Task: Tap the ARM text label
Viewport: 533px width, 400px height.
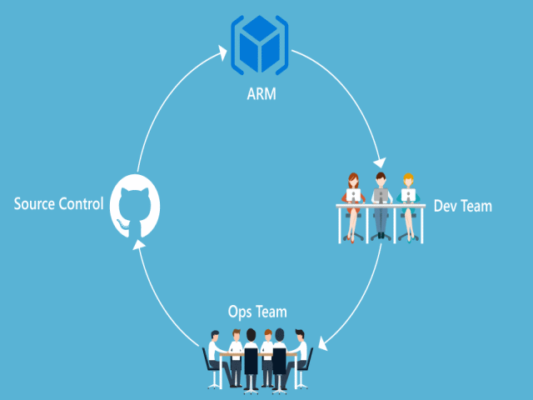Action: [x=261, y=94]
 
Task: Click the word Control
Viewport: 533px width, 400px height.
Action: [x=82, y=203]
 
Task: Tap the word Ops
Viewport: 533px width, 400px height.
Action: [x=242, y=312]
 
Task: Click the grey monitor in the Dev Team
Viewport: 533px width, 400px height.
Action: [x=381, y=196]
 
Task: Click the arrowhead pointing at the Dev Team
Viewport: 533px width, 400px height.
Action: [x=379, y=161]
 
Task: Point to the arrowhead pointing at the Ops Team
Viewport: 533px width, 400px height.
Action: [x=325, y=342]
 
